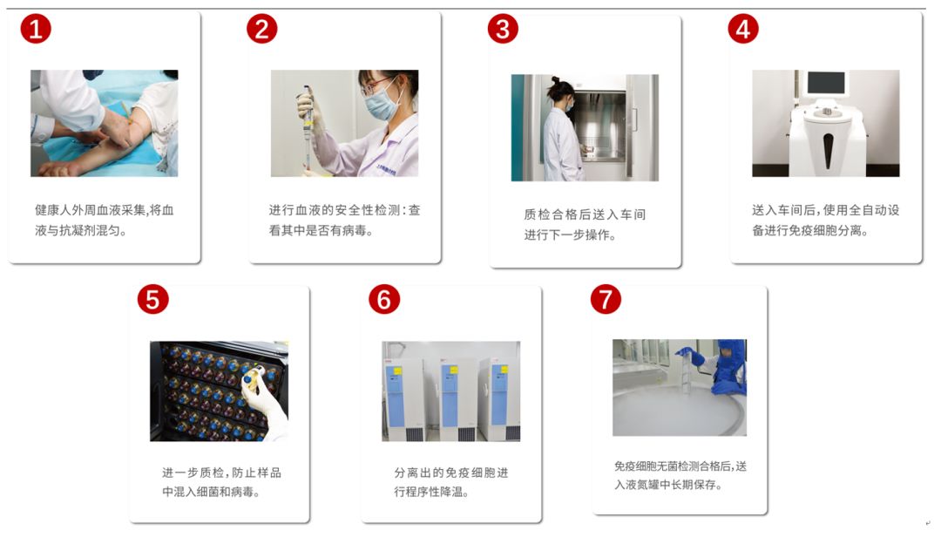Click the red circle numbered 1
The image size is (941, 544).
36,29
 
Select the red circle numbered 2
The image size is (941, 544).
262,29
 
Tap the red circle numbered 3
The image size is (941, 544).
503,29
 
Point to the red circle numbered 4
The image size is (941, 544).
743,29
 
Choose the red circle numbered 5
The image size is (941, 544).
153,299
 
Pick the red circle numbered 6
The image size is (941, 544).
384,299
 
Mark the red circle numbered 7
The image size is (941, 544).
606,299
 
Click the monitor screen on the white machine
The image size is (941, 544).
826,82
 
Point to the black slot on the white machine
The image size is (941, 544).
828,150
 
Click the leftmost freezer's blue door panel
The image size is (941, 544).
396,393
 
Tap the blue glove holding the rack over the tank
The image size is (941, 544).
696,357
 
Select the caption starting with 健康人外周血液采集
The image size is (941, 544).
104,220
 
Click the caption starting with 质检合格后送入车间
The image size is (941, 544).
585,224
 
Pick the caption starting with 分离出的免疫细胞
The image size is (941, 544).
451,481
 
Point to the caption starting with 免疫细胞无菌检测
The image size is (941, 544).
680,475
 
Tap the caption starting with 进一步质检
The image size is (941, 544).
221,481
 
